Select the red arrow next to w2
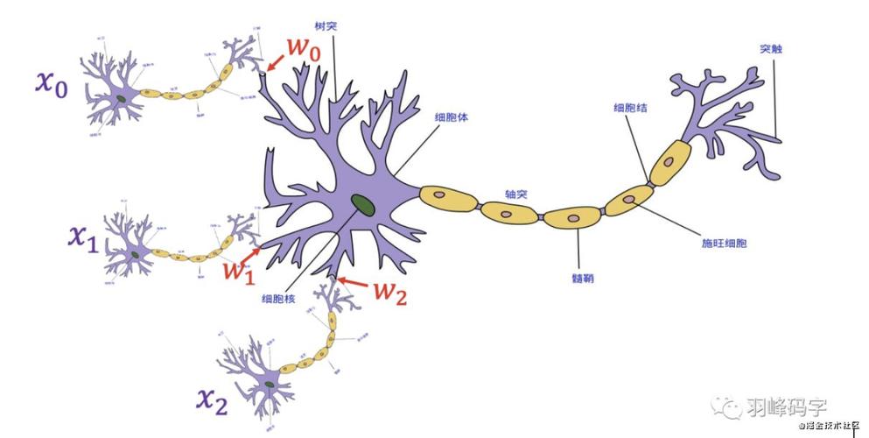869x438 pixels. coord(354,283)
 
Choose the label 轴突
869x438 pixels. coord(515,194)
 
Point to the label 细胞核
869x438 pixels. coord(277,299)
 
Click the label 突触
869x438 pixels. coord(770,50)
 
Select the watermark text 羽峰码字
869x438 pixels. coord(787,406)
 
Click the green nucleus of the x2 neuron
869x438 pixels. coord(271,383)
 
